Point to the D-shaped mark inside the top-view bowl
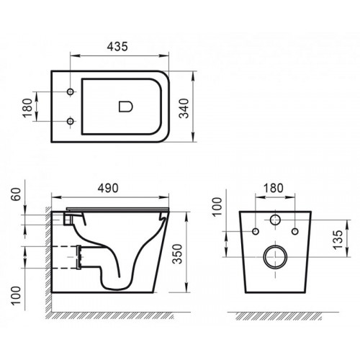tap(124, 107)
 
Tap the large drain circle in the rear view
tap(275, 256)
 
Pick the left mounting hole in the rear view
tap(256, 231)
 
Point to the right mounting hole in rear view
tap(295, 231)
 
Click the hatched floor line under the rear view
tap(277, 315)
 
